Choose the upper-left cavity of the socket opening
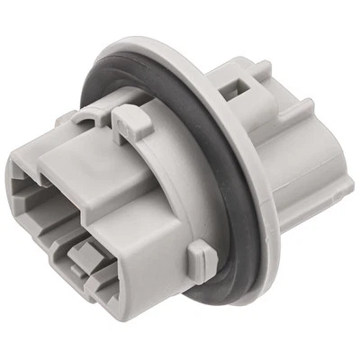tap(33, 184)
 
